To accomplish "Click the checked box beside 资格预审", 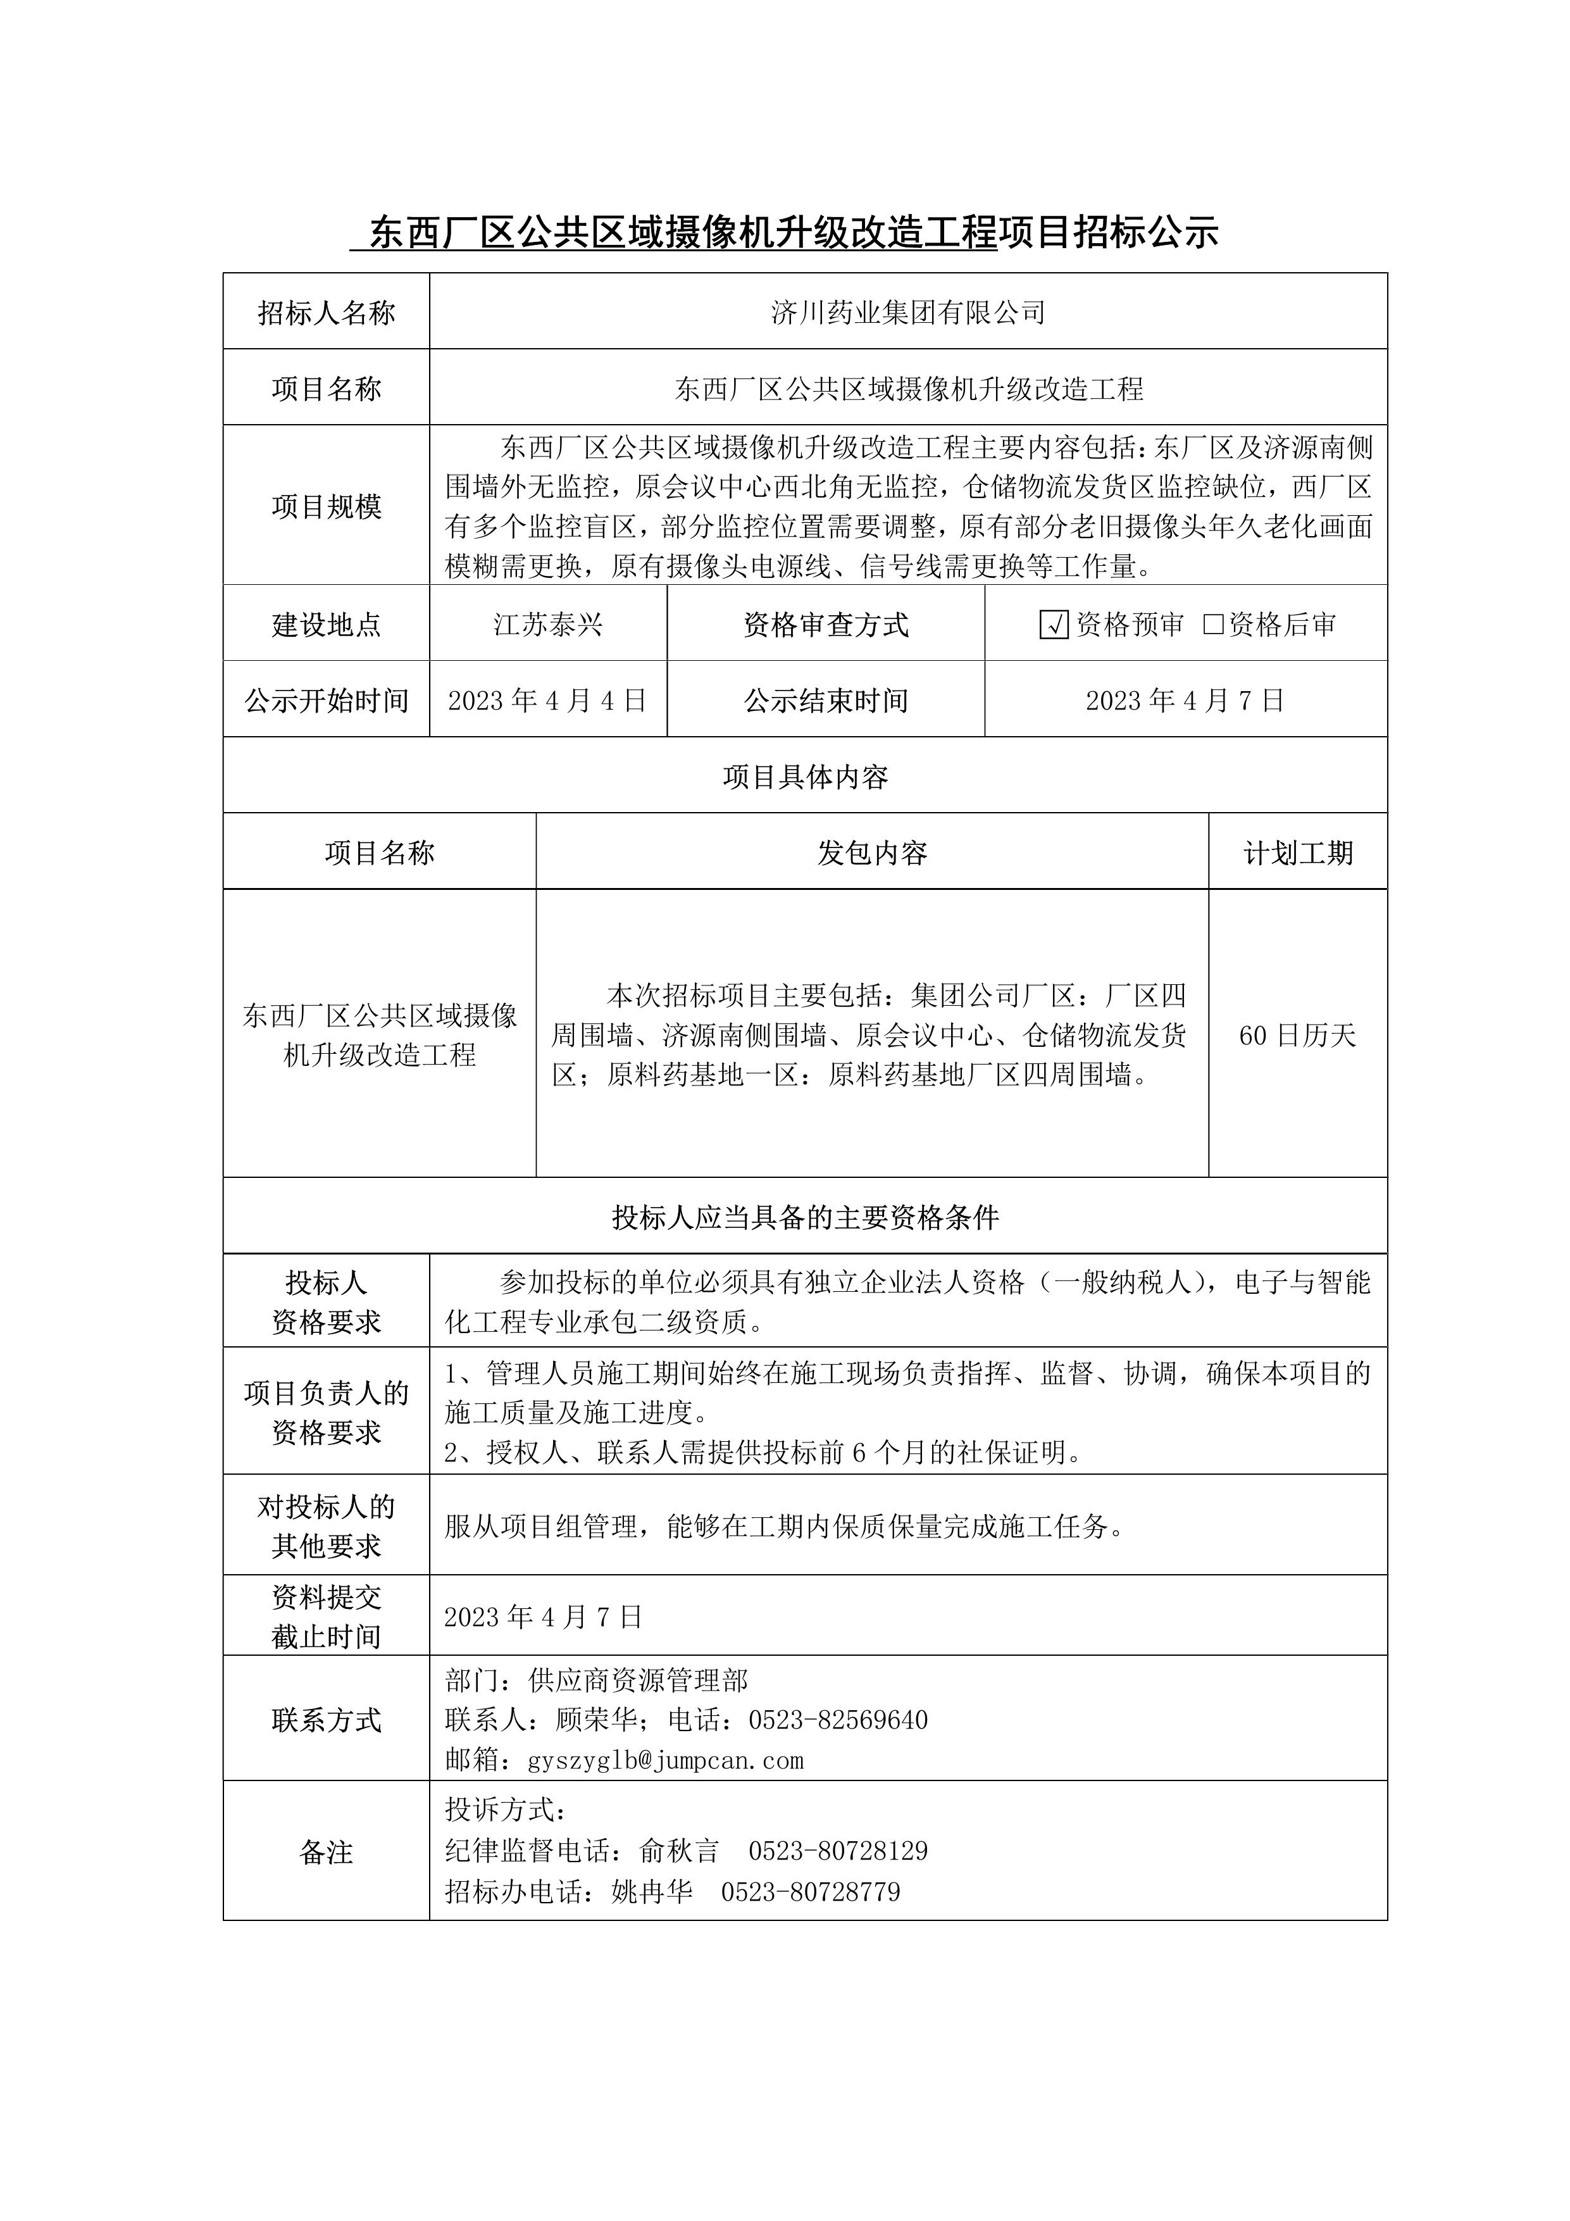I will click(x=1054, y=625).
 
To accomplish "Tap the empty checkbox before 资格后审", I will click(x=1213, y=624).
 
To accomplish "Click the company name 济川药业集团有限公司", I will click(x=907, y=313).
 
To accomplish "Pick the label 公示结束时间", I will click(x=825, y=700).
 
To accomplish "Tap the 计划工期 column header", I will click(x=1297, y=852).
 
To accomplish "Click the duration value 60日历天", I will click(x=1297, y=1035).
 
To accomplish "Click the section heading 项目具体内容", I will click(x=805, y=777).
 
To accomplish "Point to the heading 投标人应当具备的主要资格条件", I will click(x=805, y=1217).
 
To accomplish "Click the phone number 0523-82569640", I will click(x=838, y=1720).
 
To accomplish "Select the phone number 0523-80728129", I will click(x=838, y=1851).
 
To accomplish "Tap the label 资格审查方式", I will click(x=825, y=625).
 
